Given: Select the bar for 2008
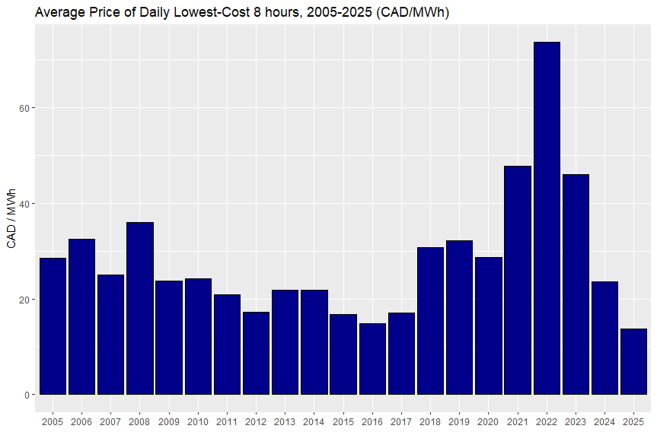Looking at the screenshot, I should point(140,308).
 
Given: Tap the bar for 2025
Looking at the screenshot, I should point(633,361).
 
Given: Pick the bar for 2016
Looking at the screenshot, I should point(372,359).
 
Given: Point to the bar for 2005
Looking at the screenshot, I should point(53,326).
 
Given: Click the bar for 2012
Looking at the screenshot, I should point(256,353).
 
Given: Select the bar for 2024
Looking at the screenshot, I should point(604,338).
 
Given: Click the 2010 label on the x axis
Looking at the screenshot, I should point(198,421).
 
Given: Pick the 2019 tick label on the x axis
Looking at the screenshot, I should point(459,421).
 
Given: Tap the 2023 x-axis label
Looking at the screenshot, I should point(576,421).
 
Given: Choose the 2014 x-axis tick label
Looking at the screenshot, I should point(314,421).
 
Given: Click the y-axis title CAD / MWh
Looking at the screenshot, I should point(11,218).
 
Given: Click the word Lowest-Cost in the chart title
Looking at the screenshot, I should point(197,13).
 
